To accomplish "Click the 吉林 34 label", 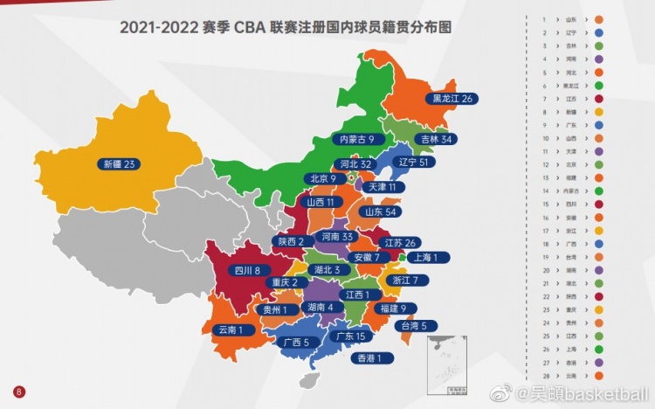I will coord(435,139).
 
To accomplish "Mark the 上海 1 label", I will coord(430,257).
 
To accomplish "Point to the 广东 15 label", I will coord(350,336).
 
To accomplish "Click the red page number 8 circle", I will coord(17,392).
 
